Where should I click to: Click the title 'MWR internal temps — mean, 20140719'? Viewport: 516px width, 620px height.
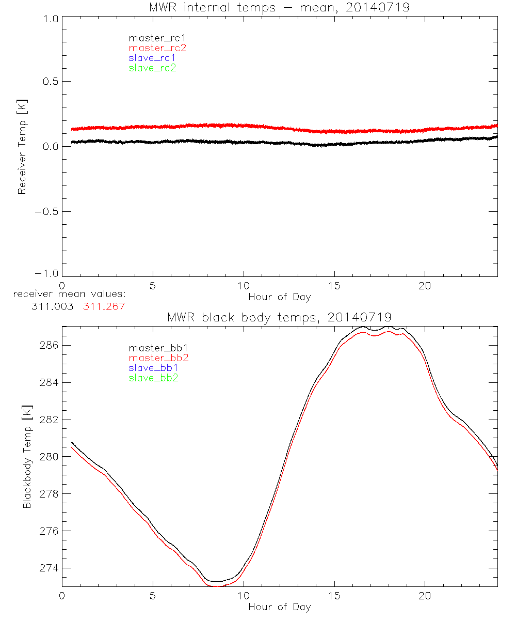(x=280, y=7)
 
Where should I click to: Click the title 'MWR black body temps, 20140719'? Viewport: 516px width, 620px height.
(x=280, y=317)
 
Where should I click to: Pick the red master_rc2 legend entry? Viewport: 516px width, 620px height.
(x=157, y=48)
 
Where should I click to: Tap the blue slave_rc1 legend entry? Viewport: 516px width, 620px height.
(x=152, y=58)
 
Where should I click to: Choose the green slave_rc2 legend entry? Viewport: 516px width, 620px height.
(x=152, y=68)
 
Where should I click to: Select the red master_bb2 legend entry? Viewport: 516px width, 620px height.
(x=159, y=358)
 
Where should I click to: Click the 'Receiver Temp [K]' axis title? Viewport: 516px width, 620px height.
(x=22, y=147)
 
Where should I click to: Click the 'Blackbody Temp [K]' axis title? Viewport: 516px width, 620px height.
(x=27, y=457)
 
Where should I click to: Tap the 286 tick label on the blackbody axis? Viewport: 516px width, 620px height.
(x=49, y=345)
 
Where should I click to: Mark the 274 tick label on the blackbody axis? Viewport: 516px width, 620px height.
(x=49, y=568)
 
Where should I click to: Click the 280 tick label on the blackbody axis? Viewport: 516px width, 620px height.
(x=49, y=457)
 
